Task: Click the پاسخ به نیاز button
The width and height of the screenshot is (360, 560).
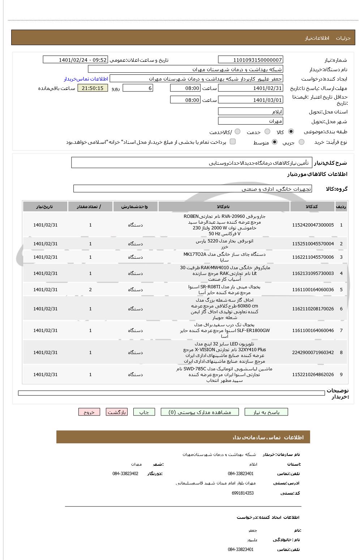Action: point(266,412)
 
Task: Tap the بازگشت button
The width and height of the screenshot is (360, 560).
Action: point(116,412)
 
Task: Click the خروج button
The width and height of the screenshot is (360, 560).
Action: point(89,412)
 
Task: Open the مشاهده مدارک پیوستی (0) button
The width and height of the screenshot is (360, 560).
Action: point(200,412)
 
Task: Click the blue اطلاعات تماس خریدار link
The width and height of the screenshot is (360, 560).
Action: point(86,79)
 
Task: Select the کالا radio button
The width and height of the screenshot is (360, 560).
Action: point(291,132)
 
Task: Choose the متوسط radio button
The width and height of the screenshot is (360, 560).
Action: point(275,142)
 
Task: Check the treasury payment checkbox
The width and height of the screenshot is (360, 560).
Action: point(233,142)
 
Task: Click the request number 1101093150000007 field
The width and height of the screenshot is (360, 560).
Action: point(250,60)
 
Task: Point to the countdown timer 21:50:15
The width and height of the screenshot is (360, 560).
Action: point(93,88)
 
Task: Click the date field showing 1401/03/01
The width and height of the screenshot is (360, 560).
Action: point(250,100)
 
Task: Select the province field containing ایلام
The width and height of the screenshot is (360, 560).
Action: point(250,112)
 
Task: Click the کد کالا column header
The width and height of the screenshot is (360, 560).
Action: point(312,207)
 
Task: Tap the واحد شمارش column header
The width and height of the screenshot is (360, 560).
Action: point(135,207)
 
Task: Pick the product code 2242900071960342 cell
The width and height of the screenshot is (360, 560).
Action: point(313,352)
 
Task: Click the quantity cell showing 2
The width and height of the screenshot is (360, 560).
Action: point(90,290)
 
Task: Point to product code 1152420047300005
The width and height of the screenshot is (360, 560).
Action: point(313,225)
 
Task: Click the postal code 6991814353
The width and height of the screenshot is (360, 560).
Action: point(243,493)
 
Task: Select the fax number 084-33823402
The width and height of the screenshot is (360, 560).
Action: point(125,474)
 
